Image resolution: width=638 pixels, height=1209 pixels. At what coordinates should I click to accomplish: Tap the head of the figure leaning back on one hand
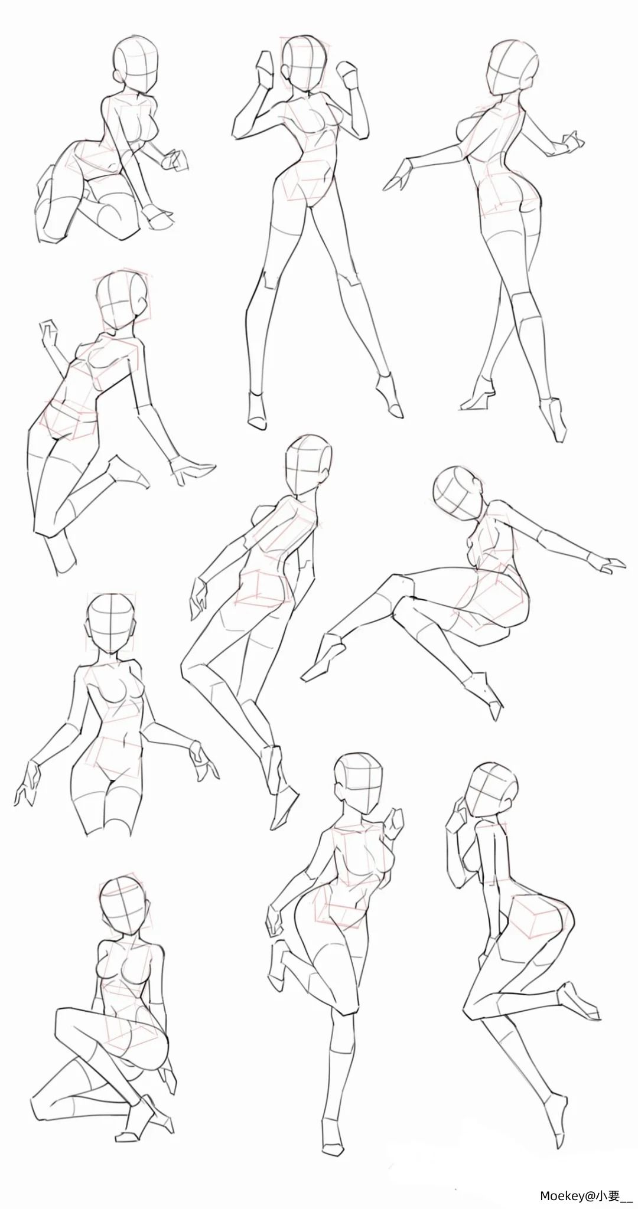click(x=122, y=300)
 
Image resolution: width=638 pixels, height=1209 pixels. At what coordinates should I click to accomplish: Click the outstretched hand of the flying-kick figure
click(x=608, y=563)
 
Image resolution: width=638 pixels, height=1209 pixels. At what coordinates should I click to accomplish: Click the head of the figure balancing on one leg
click(x=358, y=783)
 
